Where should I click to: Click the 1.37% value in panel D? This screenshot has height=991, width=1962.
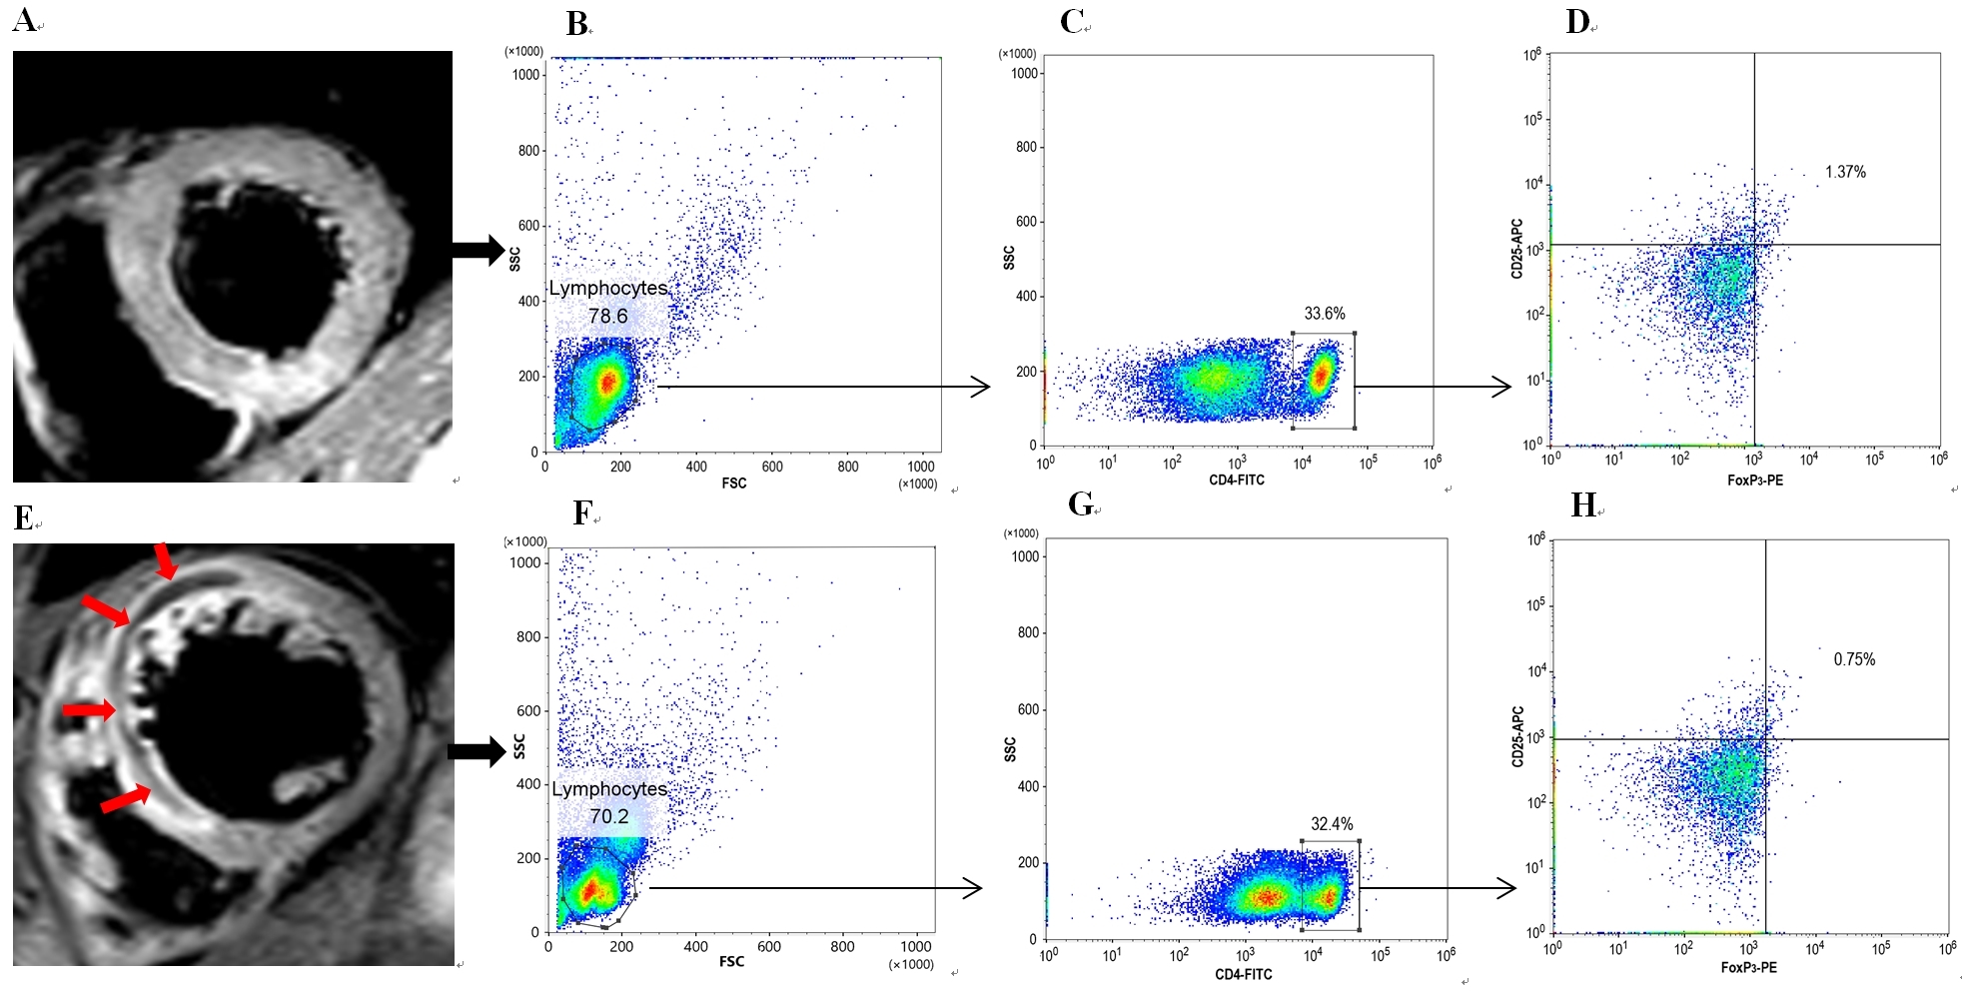tap(1845, 172)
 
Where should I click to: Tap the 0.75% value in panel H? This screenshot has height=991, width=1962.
tap(1854, 659)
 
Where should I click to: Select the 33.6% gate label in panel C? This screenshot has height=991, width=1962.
tap(1325, 314)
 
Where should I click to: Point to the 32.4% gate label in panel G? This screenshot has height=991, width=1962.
tap(1332, 824)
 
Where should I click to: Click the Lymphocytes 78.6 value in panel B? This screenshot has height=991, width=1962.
tap(607, 316)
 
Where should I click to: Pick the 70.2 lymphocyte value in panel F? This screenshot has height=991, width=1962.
tap(609, 816)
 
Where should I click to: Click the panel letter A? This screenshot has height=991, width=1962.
tap(24, 20)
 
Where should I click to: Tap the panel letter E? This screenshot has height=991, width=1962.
tap(24, 517)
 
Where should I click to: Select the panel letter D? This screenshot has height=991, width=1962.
tap(1577, 21)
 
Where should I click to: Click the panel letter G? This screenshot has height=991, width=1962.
tap(1080, 504)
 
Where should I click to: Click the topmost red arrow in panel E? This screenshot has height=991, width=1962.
tap(166, 561)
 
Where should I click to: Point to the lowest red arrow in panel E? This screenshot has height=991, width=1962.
tap(126, 799)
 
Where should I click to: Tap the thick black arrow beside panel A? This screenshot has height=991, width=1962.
tap(478, 250)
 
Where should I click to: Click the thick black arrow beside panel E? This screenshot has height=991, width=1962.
tap(476, 751)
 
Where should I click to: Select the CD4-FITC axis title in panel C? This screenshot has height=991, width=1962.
tap(1237, 481)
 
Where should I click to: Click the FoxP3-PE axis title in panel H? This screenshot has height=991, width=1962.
tap(1748, 968)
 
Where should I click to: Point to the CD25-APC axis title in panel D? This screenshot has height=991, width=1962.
tap(1516, 249)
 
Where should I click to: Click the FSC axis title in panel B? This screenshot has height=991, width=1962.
tap(734, 484)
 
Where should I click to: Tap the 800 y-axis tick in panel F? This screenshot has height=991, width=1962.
tap(528, 636)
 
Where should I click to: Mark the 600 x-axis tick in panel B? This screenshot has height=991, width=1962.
tap(772, 467)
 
